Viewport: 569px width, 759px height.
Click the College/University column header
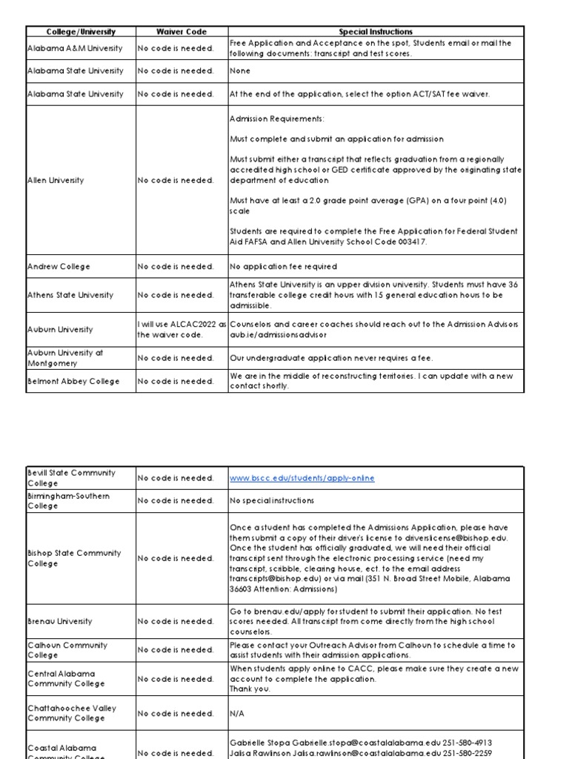81,32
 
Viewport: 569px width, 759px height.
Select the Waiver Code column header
182,32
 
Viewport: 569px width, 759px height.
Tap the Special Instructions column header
376,32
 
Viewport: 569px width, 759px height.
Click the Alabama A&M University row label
65,48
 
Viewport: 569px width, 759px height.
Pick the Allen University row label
56,180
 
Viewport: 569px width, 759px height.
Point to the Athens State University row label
70,295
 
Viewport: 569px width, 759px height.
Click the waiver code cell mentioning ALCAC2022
182,329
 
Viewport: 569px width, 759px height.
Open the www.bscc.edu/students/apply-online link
302,478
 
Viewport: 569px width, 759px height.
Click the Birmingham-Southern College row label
68,501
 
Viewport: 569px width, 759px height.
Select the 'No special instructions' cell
272,501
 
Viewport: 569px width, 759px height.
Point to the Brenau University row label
60,621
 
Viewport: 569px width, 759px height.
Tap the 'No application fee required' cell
283,266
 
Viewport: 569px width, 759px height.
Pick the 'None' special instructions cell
240,71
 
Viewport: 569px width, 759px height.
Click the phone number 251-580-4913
467,742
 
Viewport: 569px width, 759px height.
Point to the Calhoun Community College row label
68,650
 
